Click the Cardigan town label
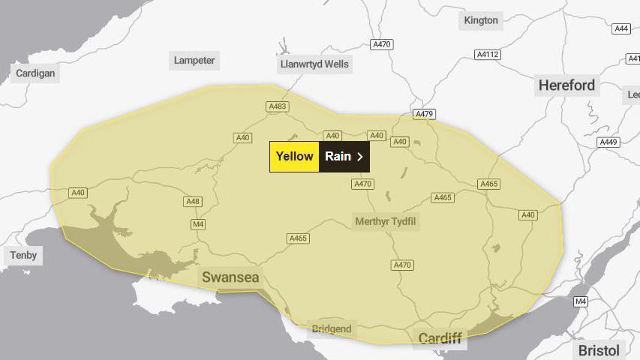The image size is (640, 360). click(36, 73)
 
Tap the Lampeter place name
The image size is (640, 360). click(194, 61)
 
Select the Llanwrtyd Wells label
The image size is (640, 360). click(314, 64)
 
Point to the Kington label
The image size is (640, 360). click(481, 20)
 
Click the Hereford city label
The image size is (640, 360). click(566, 85)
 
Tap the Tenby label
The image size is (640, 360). click(23, 256)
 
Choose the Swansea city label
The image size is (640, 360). click(230, 277)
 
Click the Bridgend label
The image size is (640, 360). click(332, 329)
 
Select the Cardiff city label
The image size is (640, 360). click(440, 338)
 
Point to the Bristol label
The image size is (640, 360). click(599, 350)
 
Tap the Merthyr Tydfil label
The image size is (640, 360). click(386, 221)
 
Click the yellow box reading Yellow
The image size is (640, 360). click(294, 157)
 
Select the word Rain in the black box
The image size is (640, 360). click(338, 157)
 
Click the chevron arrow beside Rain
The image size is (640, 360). click(360, 157)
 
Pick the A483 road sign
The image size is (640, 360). click(278, 106)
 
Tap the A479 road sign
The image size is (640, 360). click(424, 114)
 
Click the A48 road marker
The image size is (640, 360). click(193, 202)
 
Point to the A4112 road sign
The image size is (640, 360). click(488, 55)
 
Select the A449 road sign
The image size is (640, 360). click(608, 142)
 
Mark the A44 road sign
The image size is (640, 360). click(621, 28)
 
